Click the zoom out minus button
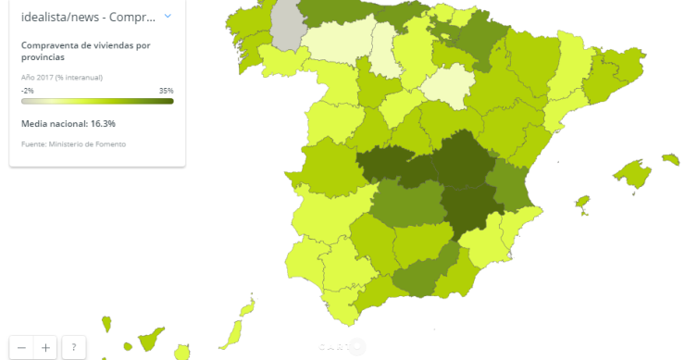click(21, 347)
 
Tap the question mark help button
click(73, 347)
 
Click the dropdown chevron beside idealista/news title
click(168, 16)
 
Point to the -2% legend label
click(27, 91)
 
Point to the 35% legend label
click(166, 91)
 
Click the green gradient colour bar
click(97, 101)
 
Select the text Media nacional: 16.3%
click(68, 123)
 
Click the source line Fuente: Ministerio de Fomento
click(73, 144)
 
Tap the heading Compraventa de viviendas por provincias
click(85, 51)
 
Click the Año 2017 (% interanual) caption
click(62, 77)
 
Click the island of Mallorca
click(632, 174)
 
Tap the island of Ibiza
click(582, 201)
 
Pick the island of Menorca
click(670, 159)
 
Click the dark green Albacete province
click(472, 208)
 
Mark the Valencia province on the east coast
click(513, 185)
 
